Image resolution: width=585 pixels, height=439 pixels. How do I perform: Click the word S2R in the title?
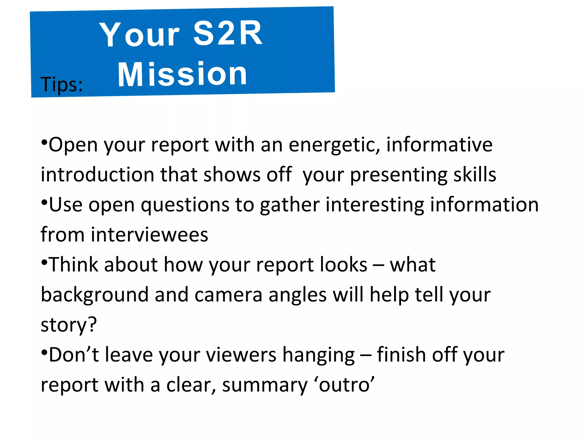[228, 34]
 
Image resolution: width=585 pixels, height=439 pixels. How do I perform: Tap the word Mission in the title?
[182, 74]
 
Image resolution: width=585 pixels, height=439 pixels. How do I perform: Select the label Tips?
[62, 84]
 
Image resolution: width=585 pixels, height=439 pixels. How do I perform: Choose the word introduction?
[97, 175]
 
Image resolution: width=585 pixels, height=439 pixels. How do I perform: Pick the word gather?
[289, 205]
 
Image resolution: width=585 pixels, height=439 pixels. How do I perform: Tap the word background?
[95, 295]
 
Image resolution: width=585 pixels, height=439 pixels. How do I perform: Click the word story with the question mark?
[69, 325]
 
